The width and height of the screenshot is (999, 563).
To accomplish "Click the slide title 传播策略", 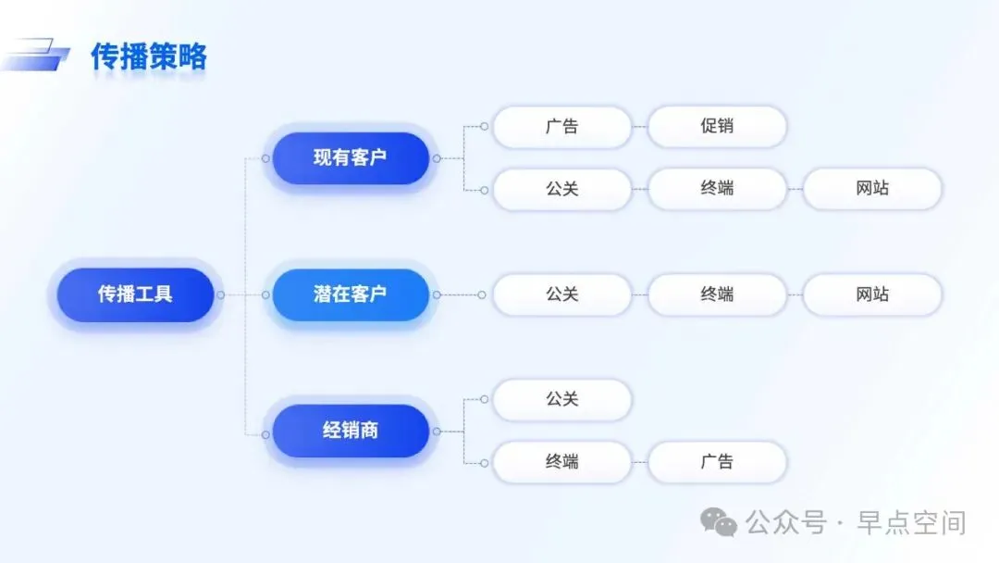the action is tap(148, 56).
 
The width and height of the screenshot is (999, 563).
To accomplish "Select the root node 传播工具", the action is tap(135, 294).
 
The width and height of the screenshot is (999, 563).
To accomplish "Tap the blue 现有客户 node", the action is tap(350, 157).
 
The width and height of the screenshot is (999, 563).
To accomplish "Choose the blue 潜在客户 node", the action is tap(350, 294).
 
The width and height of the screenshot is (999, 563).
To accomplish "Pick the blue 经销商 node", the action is tap(350, 431).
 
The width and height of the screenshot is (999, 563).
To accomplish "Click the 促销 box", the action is tap(717, 126).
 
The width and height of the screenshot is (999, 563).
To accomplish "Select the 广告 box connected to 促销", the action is tap(561, 126).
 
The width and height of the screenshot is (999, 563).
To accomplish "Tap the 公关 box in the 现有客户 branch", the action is tap(561, 189).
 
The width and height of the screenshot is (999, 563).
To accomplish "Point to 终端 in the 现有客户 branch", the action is tap(717, 189).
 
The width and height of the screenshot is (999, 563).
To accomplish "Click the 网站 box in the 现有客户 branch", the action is tap(872, 189).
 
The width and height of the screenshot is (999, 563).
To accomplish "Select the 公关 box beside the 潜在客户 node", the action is tap(561, 294).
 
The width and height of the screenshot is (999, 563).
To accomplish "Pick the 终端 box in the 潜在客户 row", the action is tap(717, 294).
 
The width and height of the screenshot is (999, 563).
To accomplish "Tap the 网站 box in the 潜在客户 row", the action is tap(872, 294).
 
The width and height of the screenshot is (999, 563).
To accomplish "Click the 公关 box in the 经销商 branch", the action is tap(561, 400).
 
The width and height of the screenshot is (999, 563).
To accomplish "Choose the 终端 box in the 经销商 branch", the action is tap(561, 461).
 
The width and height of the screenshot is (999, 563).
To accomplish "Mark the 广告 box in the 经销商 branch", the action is tap(717, 461).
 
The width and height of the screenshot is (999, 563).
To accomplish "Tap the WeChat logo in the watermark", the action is tap(719, 522).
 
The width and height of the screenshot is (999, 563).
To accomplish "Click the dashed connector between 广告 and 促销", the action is tap(639, 126).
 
